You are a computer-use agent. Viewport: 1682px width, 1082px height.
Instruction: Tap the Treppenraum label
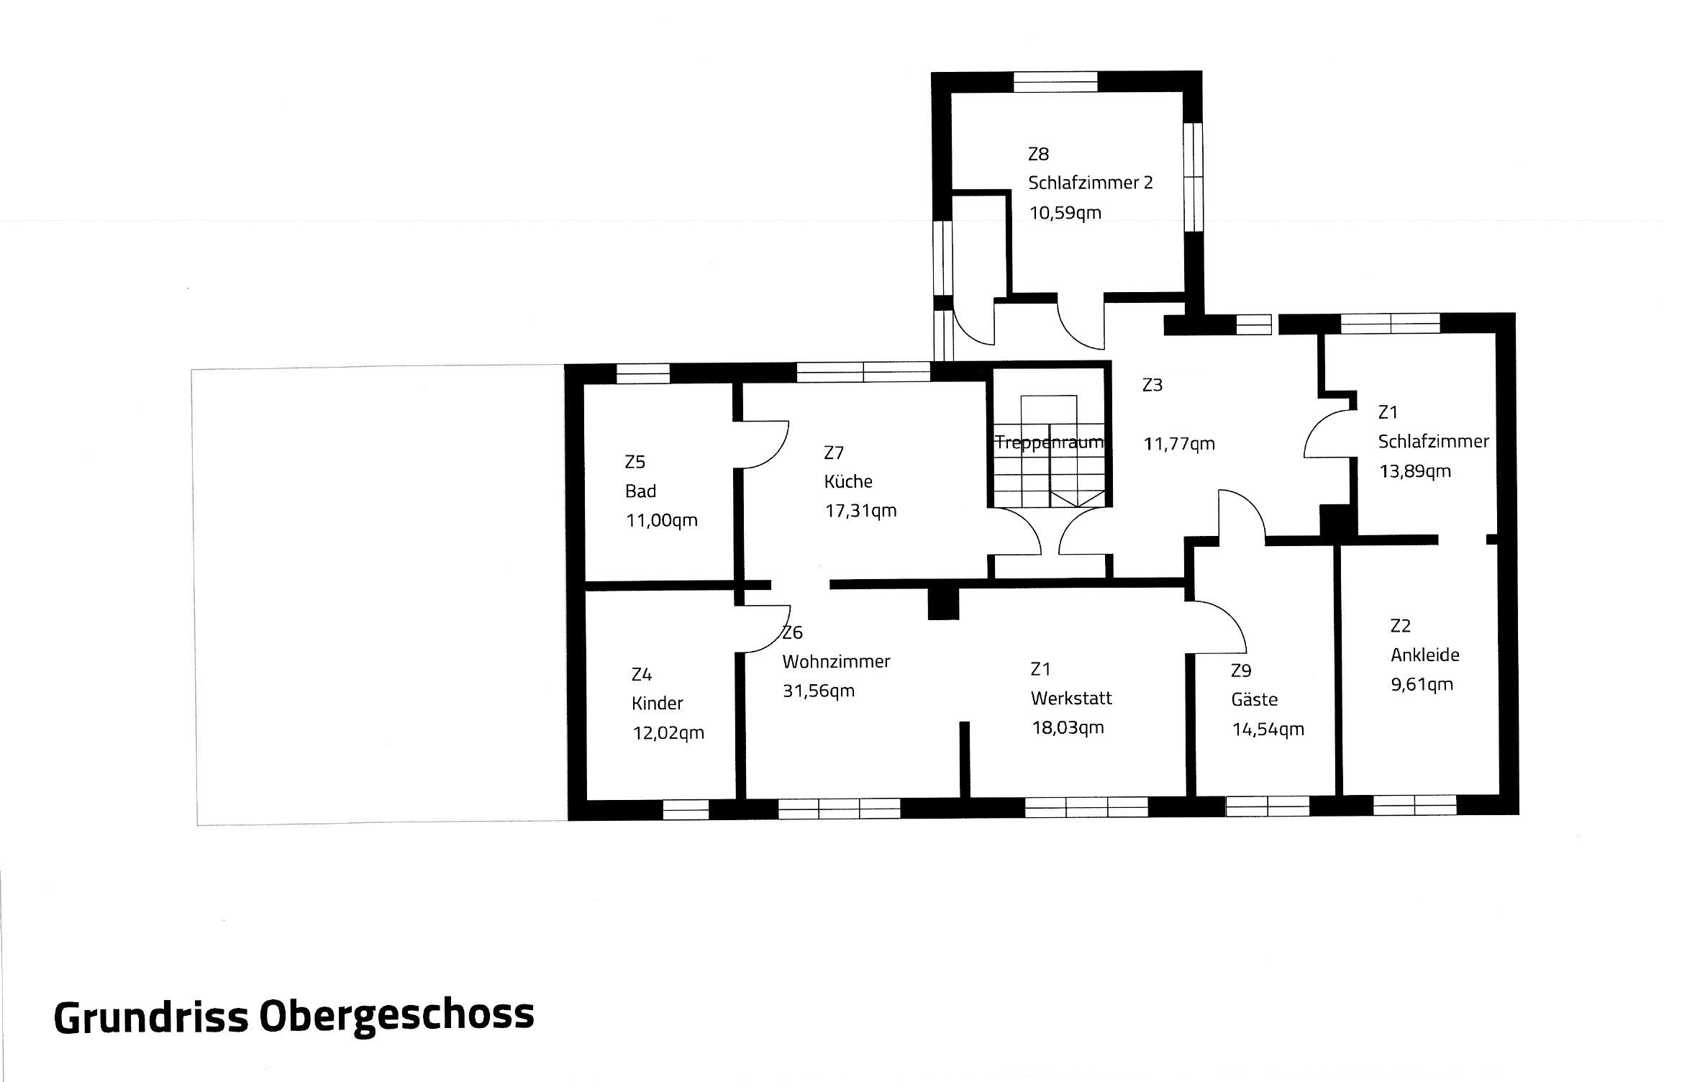pyautogui.click(x=1049, y=442)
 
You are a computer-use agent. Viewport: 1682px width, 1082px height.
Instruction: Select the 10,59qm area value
pyautogui.click(x=1065, y=213)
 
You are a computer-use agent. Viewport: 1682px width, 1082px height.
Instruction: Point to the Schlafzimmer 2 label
pyautogui.click(x=1091, y=183)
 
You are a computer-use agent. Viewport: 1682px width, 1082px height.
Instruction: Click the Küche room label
pyautogui.click(x=848, y=481)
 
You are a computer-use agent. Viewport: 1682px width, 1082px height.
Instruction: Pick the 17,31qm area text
pyautogui.click(x=860, y=511)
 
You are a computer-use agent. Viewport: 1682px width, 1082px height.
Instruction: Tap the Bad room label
pyautogui.click(x=640, y=491)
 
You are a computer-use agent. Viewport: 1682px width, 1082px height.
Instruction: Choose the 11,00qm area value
pyautogui.click(x=662, y=520)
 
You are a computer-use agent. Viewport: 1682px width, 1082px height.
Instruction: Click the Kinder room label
pyautogui.click(x=658, y=704)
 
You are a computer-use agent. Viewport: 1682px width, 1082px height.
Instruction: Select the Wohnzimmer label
pyautogui.click(x=836, y=661)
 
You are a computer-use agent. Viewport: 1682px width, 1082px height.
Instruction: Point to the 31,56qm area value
pyautogui.click(x=819, y=691)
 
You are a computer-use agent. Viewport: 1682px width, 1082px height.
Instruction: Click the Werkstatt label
pyautogui.click(x=1071, y=698)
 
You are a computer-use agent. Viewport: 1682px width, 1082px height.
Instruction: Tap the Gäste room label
pyautogui.click(x=1255, y=699)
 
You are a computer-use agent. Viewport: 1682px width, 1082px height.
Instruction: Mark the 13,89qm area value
pyautogui.click(x=1415, y=471)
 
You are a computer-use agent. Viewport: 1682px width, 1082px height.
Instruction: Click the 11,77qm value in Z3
pyautogui.click(x=1179, y=444)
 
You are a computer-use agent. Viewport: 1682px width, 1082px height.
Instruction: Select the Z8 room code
pyautogui.click(x=1038, y=154)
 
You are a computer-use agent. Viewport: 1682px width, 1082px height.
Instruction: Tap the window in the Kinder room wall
pyautogui.click(x=686, y=810)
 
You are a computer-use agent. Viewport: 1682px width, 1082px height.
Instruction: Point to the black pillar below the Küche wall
pyautogui.click(x=943, y=603)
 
